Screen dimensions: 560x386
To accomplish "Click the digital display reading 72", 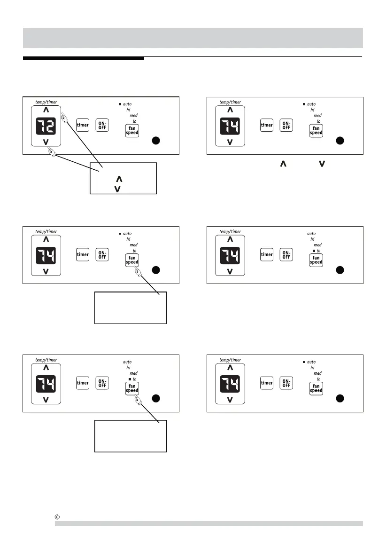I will click(x=46, y=126).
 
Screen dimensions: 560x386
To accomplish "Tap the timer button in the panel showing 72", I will click(x=83, y=126).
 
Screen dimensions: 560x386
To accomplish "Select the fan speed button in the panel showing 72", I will click(x=132, y=130).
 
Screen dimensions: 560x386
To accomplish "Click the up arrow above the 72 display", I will click(x=46, y=110).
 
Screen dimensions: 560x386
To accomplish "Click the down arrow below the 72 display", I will click(x=46, y=142).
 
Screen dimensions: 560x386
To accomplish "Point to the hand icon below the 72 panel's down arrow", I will click(x=52, y=152).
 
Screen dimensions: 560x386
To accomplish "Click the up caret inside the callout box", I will click(x=119, y=179).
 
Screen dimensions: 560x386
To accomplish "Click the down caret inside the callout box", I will click(x=117, y=189).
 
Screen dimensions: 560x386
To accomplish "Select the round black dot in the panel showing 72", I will click(x=156, y=140).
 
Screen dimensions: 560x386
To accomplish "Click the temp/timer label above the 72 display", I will click(x=46, y=102).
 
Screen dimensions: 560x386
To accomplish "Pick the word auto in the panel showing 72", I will click(x=127, y=104).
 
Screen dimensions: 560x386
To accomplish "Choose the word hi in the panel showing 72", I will click(x=128, y=110).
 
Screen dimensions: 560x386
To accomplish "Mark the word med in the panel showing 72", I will click(x=133, y=115).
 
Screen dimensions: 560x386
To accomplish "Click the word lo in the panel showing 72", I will click(x=135, y=121).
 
